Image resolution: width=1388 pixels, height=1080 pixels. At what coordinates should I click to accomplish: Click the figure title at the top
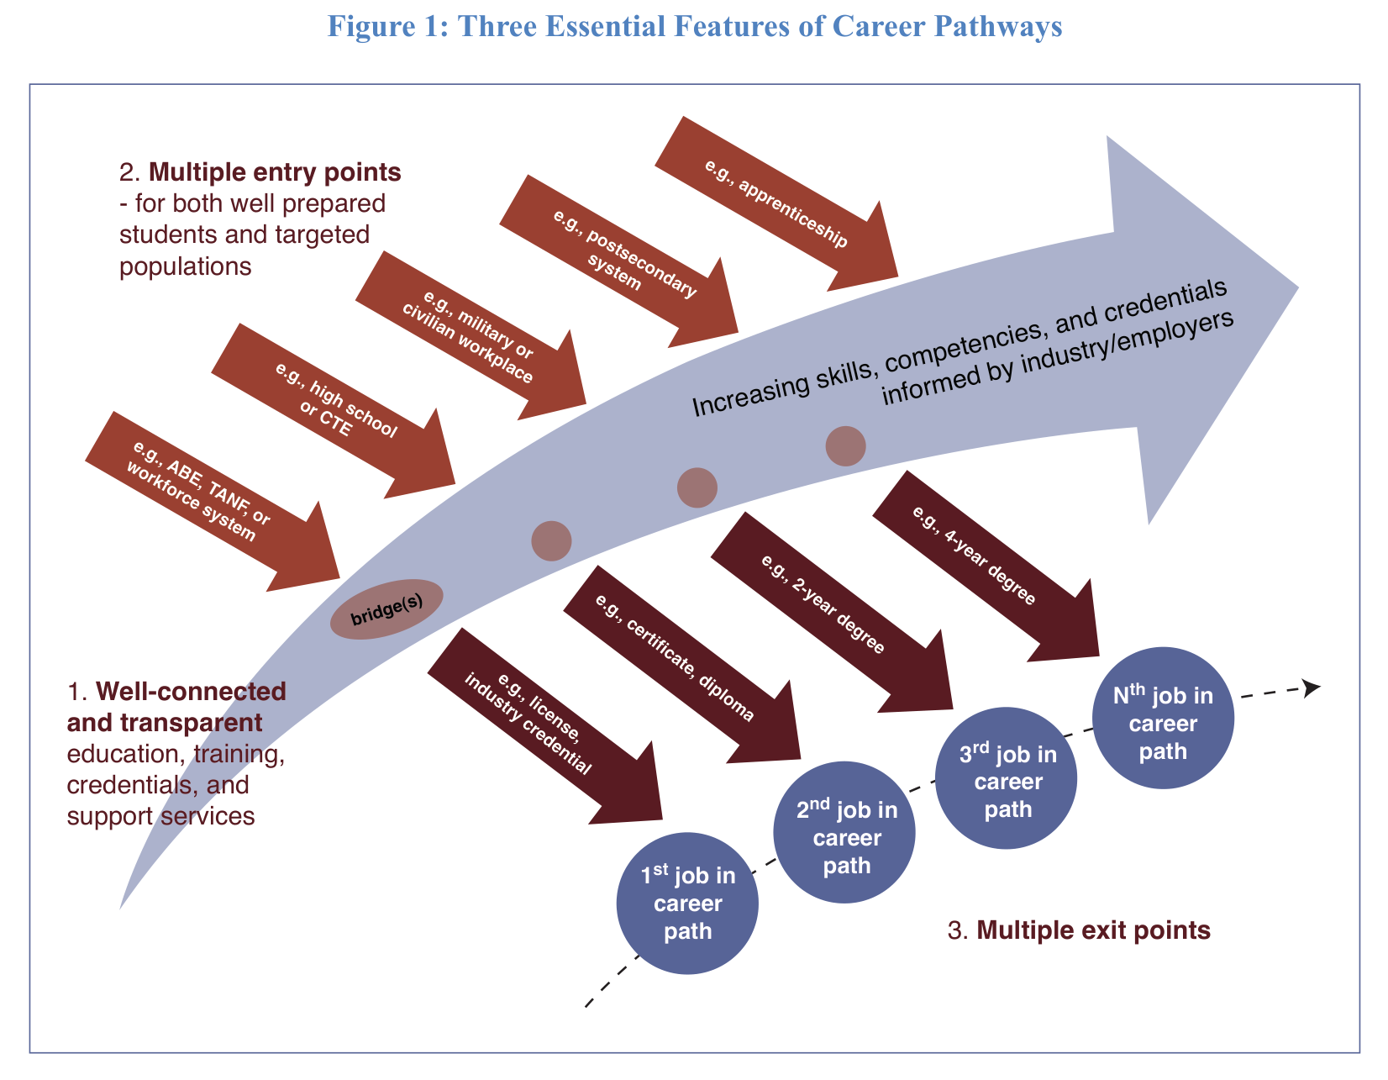(x=694, y=27)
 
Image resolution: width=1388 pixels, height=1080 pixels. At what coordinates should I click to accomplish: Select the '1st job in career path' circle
(x=687, y=904)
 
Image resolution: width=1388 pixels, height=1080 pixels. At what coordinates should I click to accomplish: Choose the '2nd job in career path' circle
(x=844, y=833)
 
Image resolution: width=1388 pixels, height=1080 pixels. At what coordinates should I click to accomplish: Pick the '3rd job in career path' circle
(x=1007, y=777)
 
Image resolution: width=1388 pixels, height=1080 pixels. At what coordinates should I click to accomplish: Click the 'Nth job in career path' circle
(x=1163, y=718)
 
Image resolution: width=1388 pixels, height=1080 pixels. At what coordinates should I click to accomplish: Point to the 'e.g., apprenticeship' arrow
(x=776, y=203)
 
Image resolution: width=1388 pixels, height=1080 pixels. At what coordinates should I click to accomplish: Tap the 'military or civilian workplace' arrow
(x=471, y=336)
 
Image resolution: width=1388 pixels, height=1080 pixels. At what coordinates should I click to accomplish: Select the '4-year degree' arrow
(x=979, y=559)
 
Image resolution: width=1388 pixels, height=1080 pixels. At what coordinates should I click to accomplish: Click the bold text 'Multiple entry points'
(x=275, y=172)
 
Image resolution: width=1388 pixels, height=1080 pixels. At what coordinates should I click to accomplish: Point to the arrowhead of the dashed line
(x=1311, y=688)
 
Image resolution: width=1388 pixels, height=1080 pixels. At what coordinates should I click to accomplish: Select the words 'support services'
(x=160, y=815)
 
